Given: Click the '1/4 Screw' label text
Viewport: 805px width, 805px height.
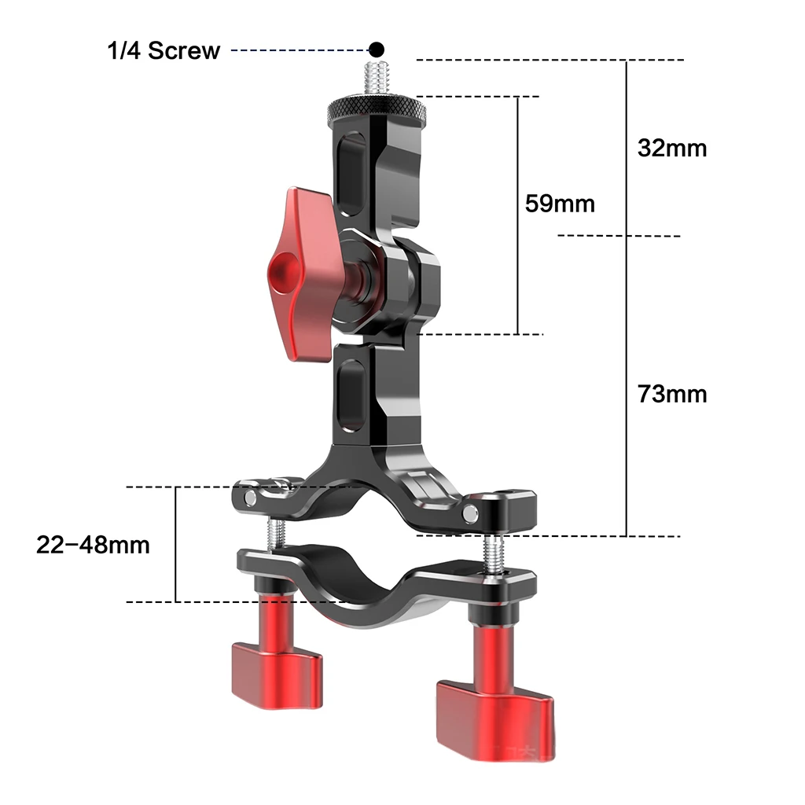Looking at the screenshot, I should point(164,51).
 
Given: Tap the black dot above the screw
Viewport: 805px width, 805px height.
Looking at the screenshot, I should point(377,49).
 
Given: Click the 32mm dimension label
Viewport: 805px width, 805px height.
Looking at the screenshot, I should point(672,148).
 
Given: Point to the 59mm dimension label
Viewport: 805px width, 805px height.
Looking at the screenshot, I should point(560,204).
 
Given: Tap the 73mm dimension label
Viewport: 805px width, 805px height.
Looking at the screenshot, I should point(672,393).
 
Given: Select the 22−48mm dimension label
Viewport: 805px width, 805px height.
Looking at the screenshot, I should point(93,544).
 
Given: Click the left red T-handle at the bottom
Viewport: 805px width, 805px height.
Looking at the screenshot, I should point(275,652).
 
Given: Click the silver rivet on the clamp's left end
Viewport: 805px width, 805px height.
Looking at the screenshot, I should point(251,498).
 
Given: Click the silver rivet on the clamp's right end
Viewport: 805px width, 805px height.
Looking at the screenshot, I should point(471,513).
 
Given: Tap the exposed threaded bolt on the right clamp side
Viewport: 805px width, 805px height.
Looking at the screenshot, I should point(492,553).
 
